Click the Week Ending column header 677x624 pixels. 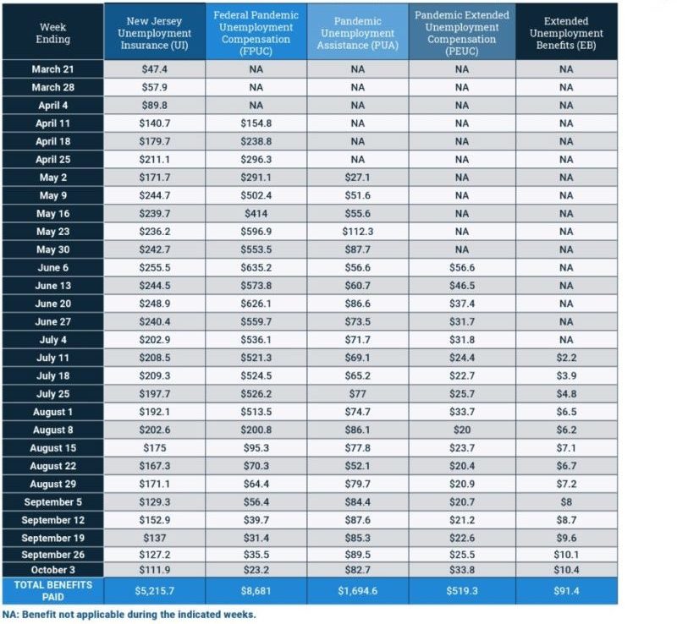click(x=52, y=33)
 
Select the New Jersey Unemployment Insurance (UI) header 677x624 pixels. click(x=154, y=33)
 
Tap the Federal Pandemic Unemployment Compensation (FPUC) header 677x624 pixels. click(x=256, y=33)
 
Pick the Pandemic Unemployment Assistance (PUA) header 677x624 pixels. click(x=357, y=33)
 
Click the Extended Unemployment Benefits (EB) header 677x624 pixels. click(x=566, y=33)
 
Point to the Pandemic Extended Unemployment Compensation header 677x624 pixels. click(x=461, y=33)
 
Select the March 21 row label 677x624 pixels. click(x=52, y=69)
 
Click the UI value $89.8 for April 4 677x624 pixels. click(x=154, y=106)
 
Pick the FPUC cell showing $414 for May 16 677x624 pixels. click(x=256, y=213)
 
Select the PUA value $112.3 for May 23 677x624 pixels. click(x=357, y=232)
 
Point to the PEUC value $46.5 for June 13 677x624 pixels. click(x=461, y=286)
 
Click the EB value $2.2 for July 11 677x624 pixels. click(x=566, y=358)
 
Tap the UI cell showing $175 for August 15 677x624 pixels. click(x=154, y=447)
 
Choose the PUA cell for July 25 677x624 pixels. click(x=357, y=393)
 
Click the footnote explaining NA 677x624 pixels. click(x=129, y=615)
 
